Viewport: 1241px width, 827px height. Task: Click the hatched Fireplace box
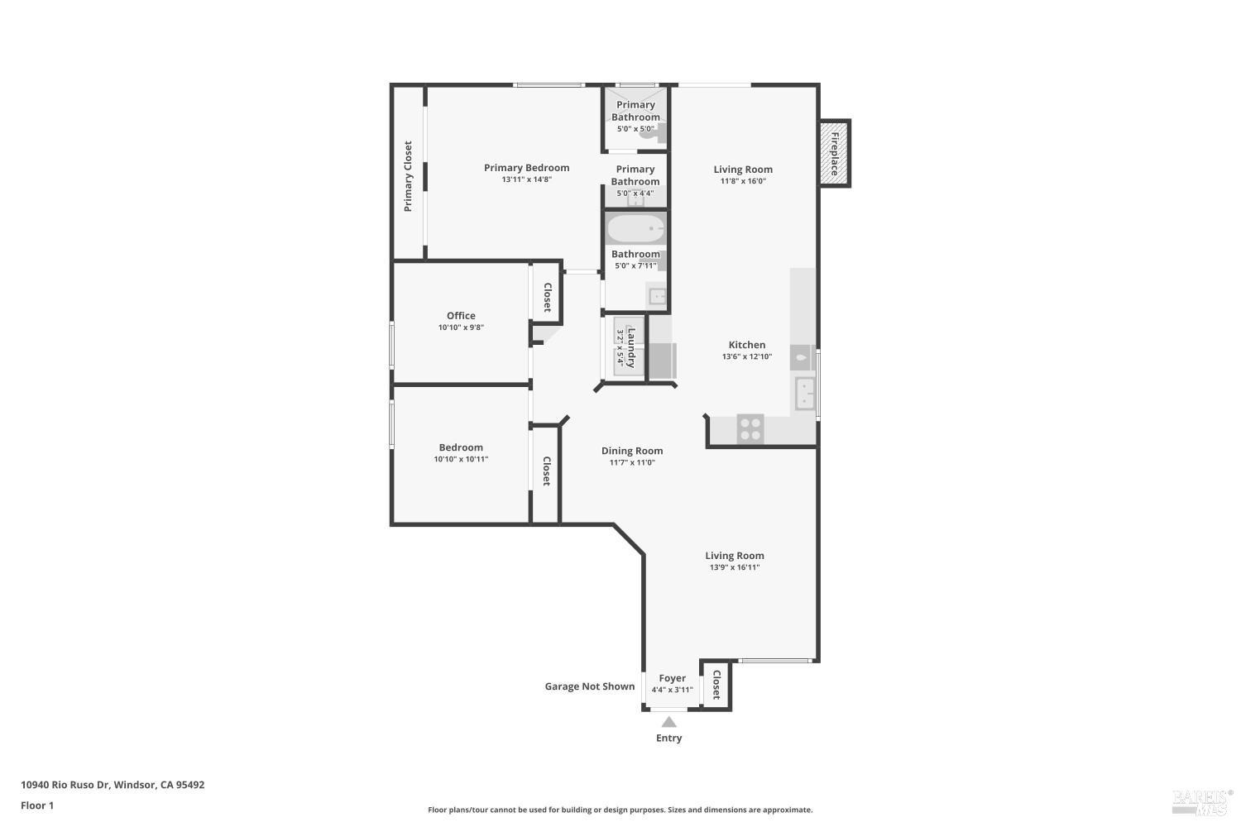834,153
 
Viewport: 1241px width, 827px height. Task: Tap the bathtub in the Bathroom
635,228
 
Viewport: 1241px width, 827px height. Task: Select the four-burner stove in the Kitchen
750,428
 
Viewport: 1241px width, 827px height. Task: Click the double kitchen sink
805,393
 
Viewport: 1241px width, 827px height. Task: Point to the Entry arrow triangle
668,722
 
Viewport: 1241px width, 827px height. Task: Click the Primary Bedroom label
526,168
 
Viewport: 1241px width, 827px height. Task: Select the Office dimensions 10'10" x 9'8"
461,327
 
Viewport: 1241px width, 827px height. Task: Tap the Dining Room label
631,451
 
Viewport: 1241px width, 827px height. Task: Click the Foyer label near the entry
672,678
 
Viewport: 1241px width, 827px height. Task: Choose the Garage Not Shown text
589,686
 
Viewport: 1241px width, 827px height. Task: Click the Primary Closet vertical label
408,176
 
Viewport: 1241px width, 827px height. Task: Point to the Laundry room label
631,347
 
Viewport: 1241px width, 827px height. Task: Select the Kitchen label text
746,345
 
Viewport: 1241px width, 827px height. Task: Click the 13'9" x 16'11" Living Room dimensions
734,567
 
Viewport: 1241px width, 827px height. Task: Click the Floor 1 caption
37,805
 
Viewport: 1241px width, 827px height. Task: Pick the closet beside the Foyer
716,684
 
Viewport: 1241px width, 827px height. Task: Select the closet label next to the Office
547,298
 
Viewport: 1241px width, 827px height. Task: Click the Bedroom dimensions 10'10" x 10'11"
461,459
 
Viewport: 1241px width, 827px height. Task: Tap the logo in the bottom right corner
1202,800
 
